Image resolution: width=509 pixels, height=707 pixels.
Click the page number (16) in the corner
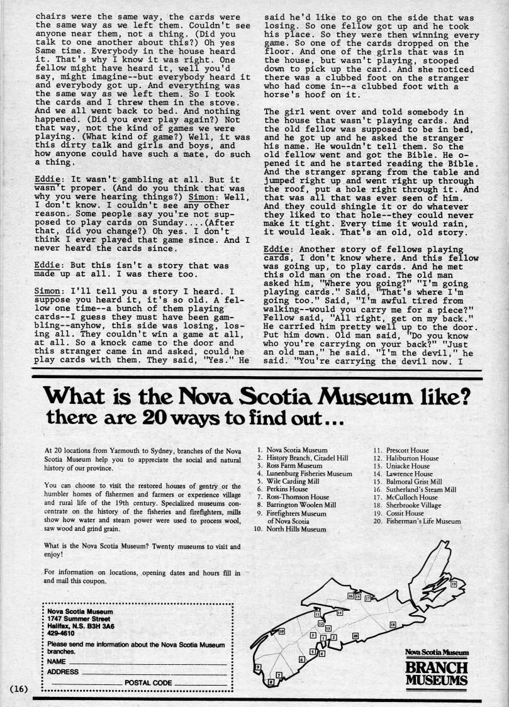(x=17, y=688)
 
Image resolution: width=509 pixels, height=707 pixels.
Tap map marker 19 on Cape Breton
(x=453, y=585)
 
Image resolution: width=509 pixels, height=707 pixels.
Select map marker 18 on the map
(x=393, y=624)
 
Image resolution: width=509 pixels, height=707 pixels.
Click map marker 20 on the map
(x=356, y=636)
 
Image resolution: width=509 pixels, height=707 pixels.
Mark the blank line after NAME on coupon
(x=147, y=662)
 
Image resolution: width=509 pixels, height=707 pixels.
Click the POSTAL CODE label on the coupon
(x=148, y=682)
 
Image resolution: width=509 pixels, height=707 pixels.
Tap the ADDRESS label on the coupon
(x=64, y=672)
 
